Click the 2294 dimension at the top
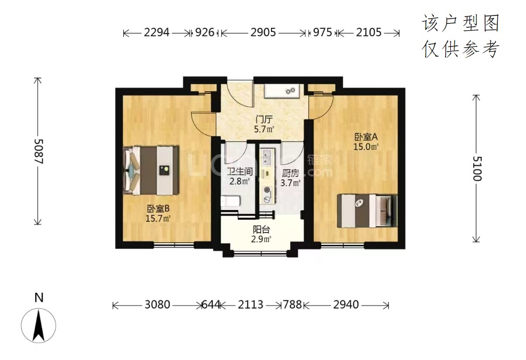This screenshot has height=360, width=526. (x=157, y=33)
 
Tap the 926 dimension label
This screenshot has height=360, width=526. (x=205, y=33)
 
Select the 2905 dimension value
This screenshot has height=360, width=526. (x=264, y=33)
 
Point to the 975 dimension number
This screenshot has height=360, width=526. (x=322, y=33)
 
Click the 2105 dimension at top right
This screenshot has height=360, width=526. (x=369, y=33)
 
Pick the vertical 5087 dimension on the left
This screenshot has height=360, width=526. (x=38, y=151)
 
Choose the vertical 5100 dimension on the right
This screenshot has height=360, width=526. (x=477, y=169)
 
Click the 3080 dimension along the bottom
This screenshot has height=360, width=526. (x=157, y=305)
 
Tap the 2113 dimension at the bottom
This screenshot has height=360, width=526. (x=251, y=305)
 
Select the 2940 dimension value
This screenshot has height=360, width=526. (x=346, y=305)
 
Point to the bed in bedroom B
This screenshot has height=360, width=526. (x=150, y=170)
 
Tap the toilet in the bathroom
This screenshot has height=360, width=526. (x=230, y=202)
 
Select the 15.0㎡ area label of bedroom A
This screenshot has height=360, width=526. (x=365, y=147)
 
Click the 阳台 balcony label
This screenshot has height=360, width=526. (x=261, y=230)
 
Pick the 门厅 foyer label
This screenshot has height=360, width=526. (x=264, y=119)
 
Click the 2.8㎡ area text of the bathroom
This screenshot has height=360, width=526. (x=240, y=181)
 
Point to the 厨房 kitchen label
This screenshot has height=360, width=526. (x=290, y=173)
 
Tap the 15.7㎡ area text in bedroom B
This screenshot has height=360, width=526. (x=158, y=219)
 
